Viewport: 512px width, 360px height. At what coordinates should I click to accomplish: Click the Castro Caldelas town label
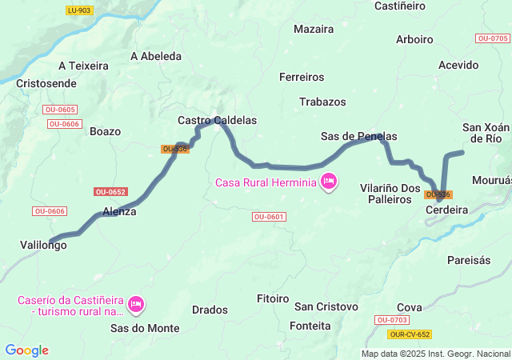[217, 120]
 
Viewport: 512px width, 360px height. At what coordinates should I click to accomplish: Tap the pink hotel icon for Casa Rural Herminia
[328, 182]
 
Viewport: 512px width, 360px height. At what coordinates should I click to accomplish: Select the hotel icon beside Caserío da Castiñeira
[136, 303]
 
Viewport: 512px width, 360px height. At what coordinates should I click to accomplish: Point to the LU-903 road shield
[79, 10]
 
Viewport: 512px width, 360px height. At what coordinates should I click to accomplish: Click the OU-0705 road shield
[492, 38]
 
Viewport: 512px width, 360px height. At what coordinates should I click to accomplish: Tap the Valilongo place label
[43, 246]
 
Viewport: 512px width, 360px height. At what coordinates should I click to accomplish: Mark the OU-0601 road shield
[269, 217]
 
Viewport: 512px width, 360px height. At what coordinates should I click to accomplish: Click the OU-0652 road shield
[110, 191]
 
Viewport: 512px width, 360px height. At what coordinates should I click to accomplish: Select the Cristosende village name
[46, 83]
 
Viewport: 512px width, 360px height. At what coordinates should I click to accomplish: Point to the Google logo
[26, 350]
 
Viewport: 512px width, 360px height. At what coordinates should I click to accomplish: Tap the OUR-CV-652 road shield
[410, 334]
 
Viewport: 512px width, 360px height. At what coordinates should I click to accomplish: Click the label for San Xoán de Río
[486, 132]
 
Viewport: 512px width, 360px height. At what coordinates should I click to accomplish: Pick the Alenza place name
[119, 212]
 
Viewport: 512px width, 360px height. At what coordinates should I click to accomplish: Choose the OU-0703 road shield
[391, 320]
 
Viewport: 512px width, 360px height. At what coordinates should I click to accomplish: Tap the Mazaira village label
[314, 29]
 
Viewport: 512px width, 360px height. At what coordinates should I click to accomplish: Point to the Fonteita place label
[312, 326]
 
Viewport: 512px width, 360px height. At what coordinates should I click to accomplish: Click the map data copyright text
[435, 354]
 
